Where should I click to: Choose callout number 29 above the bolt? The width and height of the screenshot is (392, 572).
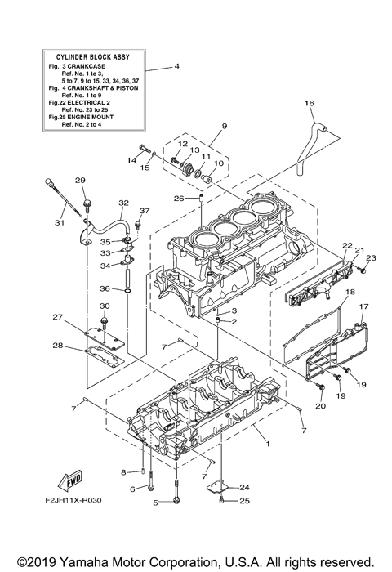click(80, 181)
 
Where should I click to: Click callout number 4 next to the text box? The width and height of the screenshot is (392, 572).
click(177, 65)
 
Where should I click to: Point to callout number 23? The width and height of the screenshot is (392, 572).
click(369, 258)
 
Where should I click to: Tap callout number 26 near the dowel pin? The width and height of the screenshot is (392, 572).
click(178, 198)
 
